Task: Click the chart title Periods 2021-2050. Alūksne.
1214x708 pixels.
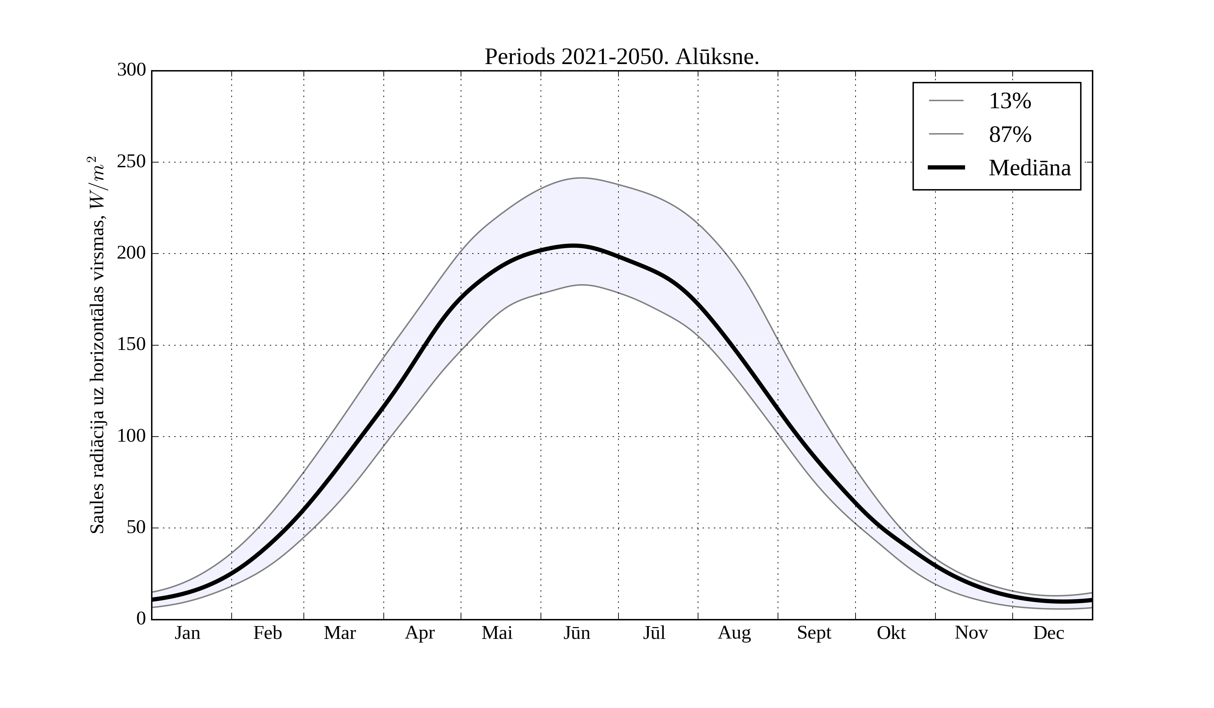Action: coord(622,57)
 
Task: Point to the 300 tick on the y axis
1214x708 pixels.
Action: coord(132,70)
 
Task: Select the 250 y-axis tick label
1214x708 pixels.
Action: coord(132,162)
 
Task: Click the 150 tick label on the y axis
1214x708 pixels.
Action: coord(132,345)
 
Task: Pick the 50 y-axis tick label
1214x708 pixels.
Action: coord(136,528)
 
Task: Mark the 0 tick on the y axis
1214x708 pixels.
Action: coord(141,619)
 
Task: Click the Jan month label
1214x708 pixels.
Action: coord(187,633)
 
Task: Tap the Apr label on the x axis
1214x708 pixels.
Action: coord(420,633)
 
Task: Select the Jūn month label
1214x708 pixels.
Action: coord(577,633)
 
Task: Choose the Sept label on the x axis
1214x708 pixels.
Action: coord(814,633)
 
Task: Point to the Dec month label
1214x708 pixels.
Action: coord(1049,633)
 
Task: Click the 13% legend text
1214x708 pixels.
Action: coord(1010,101)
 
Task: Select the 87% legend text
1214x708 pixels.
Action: coord(1010,135)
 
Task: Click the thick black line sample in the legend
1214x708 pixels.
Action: coord(946,168)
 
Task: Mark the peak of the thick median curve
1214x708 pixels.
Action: coord(573,246)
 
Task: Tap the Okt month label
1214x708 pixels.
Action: coord(891,633)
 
